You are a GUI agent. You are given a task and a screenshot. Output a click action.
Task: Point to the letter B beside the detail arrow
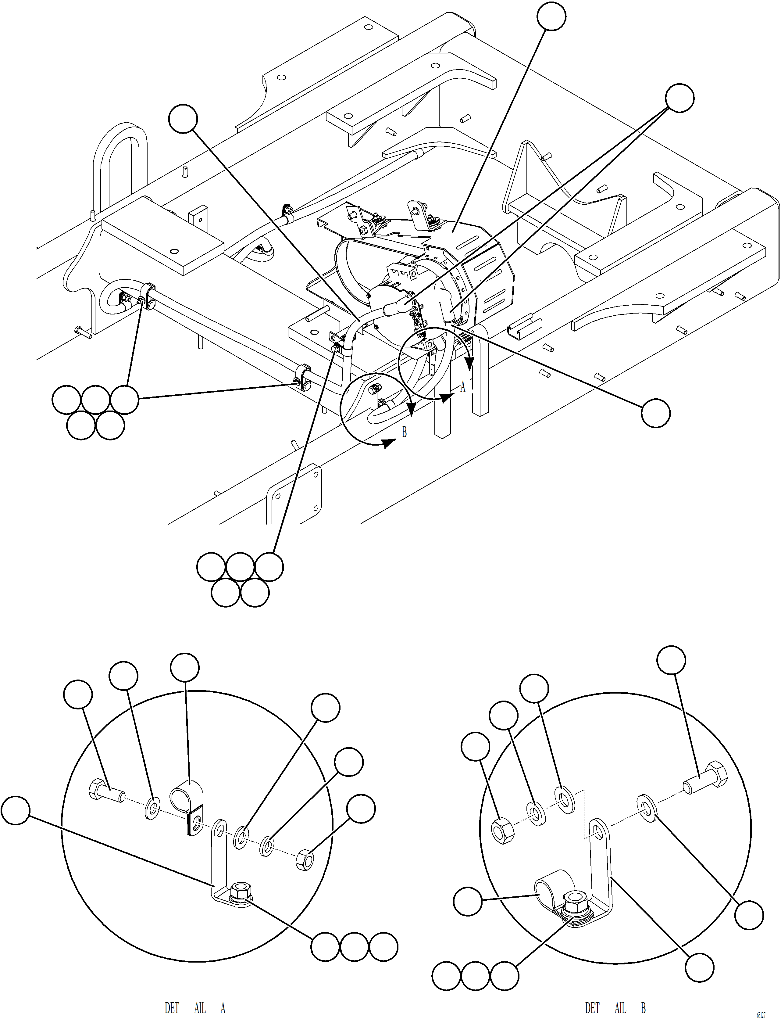404,432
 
